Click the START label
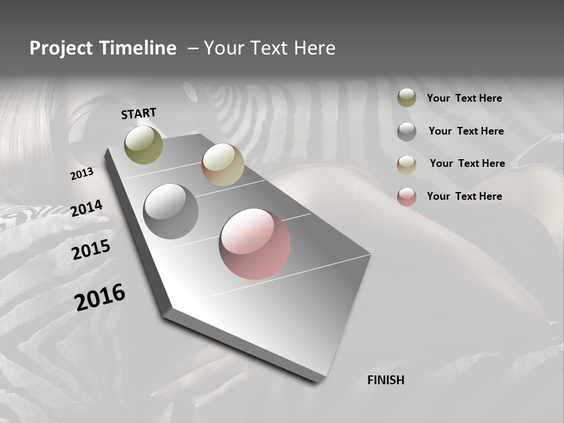139,113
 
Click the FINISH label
385,380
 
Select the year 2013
82,174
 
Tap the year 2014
87,208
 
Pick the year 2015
91,250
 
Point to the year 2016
100,297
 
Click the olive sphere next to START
143,145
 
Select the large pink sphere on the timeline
254,243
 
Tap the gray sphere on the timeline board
171,211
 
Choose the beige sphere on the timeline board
223,164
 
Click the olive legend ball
407,98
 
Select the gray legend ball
407,132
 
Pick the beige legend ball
407,164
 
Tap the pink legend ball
407,197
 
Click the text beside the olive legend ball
464,98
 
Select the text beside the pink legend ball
464,196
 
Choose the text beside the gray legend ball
466,131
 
